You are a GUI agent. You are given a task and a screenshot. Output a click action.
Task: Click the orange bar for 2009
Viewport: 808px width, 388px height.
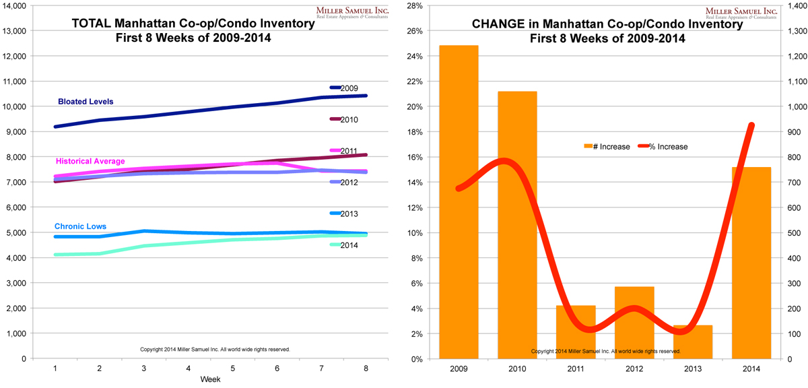(x=459, y=202)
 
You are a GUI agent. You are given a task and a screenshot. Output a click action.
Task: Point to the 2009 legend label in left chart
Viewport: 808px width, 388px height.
(x=349, y=88)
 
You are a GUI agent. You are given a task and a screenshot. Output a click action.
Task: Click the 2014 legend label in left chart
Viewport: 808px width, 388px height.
(x=349, y=245)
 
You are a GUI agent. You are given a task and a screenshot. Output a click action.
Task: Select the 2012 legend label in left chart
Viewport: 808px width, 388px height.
(x=349, y=183)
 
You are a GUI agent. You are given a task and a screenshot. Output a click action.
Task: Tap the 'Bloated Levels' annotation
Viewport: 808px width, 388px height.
(x=86, y=102)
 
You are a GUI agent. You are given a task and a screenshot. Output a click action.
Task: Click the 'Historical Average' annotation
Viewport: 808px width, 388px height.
(x=90, y=162)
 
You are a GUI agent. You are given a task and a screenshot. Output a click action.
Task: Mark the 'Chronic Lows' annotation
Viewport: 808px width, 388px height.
(x=81, y=226)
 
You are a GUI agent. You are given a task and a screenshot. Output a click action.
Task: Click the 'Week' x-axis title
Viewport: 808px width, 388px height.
(x=209, y=380)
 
